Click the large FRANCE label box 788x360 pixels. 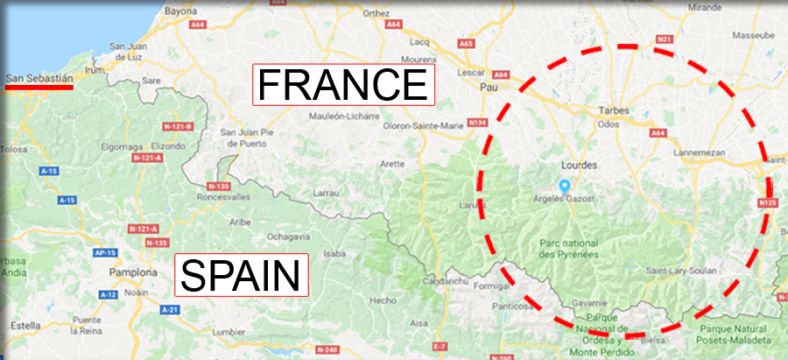point(342,84)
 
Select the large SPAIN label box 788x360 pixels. point(243,275)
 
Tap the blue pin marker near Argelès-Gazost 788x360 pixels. point(565,186)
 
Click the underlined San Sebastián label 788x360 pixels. point(39,80)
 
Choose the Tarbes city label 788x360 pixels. point(614,110)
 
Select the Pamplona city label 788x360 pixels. point(132,272)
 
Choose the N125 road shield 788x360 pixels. point(769,204)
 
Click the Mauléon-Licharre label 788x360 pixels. point(343,116)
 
